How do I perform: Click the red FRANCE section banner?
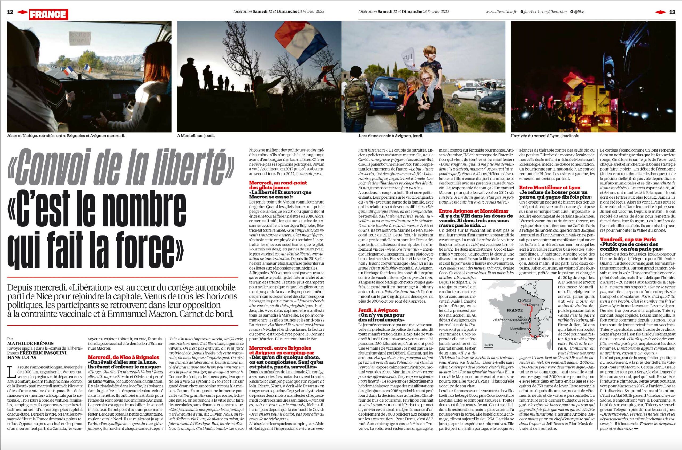coord(48,14)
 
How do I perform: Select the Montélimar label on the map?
coord(518,328)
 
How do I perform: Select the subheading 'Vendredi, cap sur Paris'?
coord(627,239)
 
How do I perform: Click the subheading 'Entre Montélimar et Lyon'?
coord(549,187)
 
